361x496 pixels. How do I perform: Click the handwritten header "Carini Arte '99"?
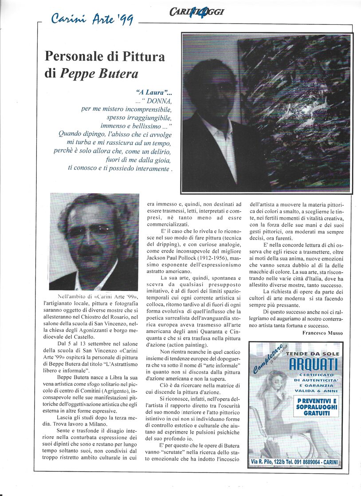pos(92,19)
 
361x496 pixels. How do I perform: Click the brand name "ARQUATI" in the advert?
pos(313,364)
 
